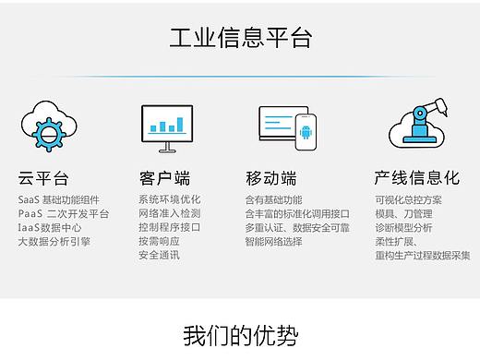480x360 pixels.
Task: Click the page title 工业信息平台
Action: click(240, 39)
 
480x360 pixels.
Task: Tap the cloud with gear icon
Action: click(43, 127)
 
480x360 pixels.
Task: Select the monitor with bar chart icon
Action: click(167, 127)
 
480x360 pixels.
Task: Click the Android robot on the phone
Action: click(305, 131)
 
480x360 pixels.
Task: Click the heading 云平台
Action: click(43, 178)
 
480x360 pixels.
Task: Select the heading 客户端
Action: click(164, 178)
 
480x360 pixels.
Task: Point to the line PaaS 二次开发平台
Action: click(64, 214)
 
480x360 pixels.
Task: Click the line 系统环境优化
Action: click(170, 200)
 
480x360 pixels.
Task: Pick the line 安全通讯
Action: click(159, 256)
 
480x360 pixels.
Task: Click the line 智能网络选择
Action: click(273, 242)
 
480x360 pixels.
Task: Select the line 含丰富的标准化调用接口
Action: click(297, 214)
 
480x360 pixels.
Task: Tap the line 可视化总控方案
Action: click(408, 200)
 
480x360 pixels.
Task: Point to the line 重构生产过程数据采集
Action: click(422, 256)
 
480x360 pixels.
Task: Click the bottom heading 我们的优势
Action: click(240, 334)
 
